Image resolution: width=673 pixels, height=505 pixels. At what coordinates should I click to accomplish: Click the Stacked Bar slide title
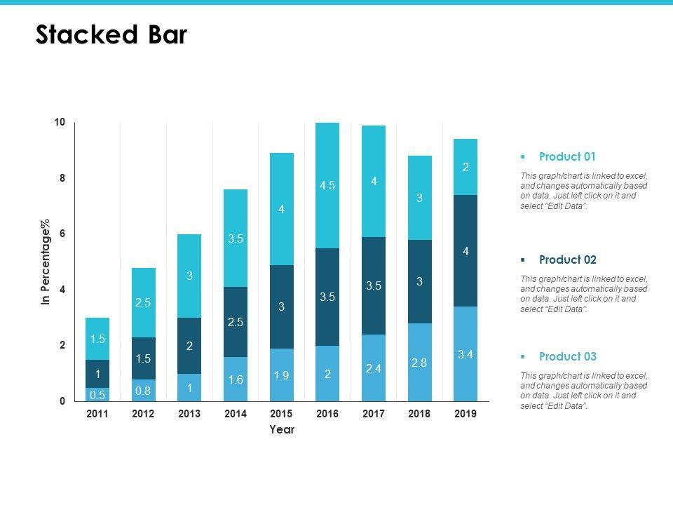[111, 35]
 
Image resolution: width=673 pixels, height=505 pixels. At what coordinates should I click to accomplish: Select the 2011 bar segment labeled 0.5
[97, 394]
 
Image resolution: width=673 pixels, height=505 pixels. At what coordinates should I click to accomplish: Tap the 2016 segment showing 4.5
[327, 186]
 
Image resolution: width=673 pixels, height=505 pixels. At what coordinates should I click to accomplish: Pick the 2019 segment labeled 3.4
[465, 354]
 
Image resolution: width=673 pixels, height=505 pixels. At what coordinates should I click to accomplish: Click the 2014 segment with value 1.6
[236, 379]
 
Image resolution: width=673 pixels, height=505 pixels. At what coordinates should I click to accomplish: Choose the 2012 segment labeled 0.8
[143, 390]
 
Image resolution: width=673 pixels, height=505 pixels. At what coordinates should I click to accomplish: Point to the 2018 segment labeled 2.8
[419, 363]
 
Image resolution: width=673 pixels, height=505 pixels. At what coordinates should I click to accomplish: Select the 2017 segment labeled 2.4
[374, 368]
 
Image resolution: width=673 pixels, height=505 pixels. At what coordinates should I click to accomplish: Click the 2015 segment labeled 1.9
[282, 375]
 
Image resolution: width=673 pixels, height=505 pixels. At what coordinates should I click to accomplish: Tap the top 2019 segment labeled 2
[465, 167]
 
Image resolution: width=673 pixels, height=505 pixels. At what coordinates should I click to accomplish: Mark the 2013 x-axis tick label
[189, 414]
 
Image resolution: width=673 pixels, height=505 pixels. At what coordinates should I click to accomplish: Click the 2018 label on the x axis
[419, 414]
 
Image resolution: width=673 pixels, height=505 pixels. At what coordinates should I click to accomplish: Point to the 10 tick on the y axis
[60, 123]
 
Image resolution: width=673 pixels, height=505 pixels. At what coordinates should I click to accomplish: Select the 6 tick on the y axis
[62, 234]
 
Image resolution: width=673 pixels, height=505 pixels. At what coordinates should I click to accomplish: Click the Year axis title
[282, 430]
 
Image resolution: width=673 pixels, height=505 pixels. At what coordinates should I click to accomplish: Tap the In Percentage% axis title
[47, 262]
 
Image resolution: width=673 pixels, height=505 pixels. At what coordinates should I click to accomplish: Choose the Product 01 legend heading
[567, 156]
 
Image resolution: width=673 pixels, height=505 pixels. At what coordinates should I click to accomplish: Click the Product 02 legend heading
[567, 260]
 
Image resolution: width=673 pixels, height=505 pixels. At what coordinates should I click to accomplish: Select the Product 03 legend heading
[567, 356]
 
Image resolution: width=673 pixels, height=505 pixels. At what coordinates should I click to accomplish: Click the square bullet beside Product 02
[523, 260]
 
